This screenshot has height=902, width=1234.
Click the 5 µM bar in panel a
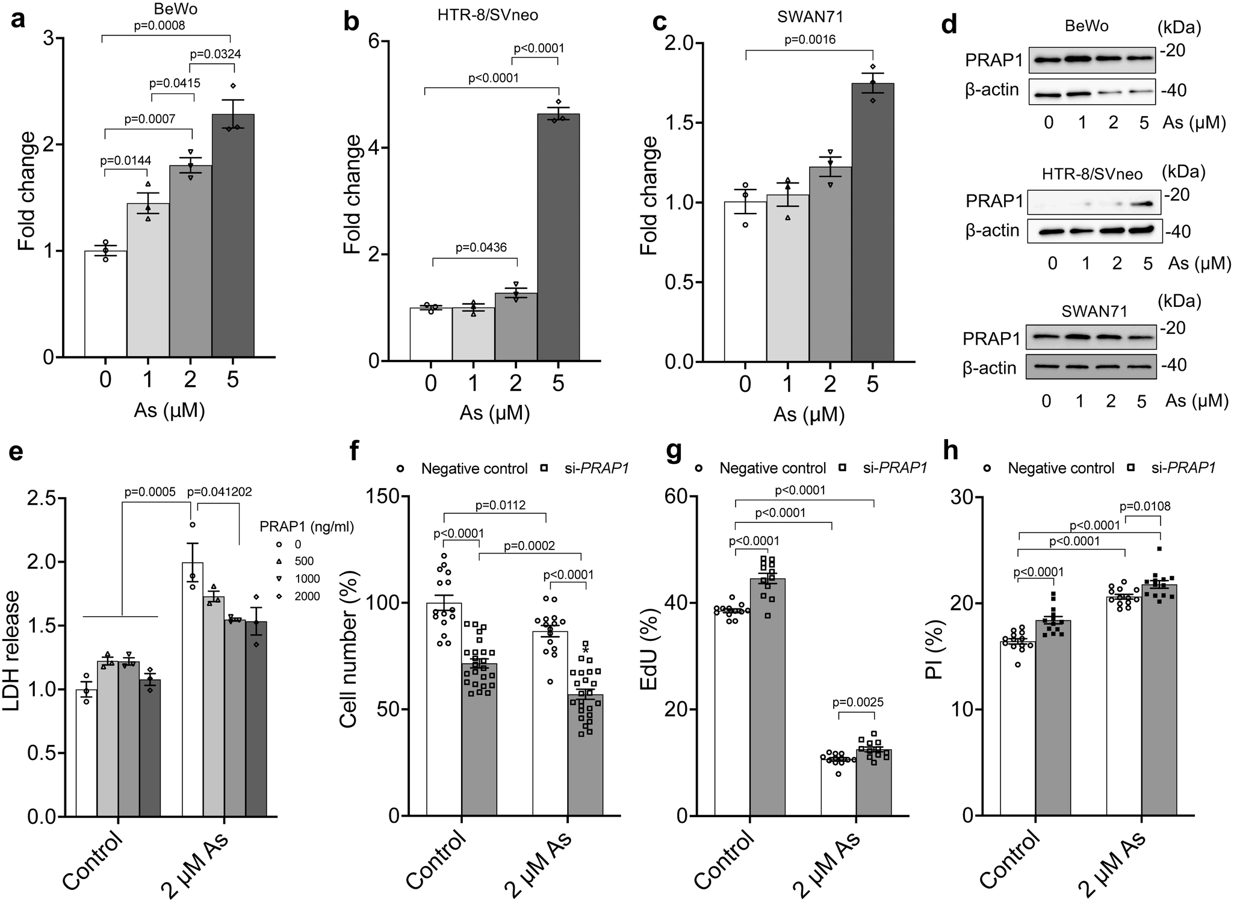[232, 241]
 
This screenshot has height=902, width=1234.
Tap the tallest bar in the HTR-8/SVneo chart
[558, 241]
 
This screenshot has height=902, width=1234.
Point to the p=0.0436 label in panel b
[480, 247]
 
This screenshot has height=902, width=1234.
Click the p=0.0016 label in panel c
[810, 40]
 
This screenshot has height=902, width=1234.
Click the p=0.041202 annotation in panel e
[220, 492]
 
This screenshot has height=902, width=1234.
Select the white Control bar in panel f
[444, 710]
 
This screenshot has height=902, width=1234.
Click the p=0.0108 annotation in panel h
[1144, 506]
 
